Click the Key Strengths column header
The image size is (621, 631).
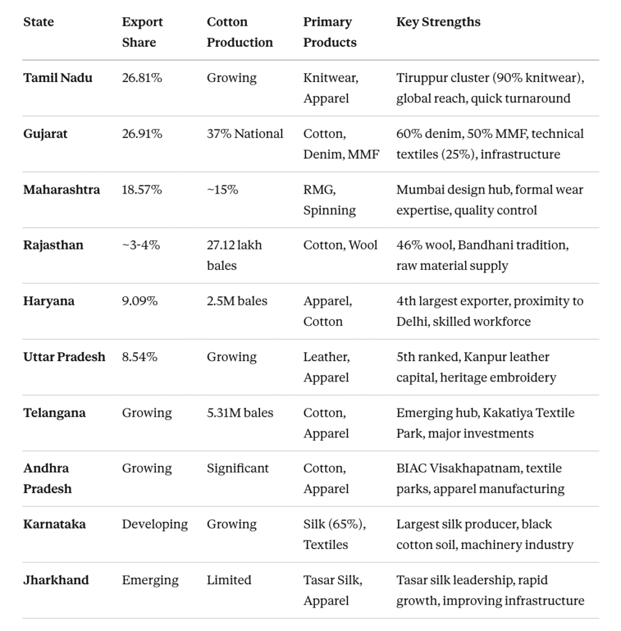[438, 22]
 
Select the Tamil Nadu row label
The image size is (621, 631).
[57, 78]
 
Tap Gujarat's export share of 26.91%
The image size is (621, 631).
[142, 134]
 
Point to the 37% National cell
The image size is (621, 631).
[245, 134]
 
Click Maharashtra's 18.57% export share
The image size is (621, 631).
[142, 190]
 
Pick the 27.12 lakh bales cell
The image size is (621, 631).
[234, 255]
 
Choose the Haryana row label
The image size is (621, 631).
[49, 301]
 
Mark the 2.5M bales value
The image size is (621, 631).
[237, 301]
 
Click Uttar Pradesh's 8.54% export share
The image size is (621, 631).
[139, 357]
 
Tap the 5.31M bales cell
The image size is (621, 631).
[240, 413]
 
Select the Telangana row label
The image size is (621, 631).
[54, 413]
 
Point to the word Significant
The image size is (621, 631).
[237, 468]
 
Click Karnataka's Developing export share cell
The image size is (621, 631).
[155, 524]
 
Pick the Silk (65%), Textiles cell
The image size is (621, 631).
[334, 534]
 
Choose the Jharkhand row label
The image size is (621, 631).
[55, 580]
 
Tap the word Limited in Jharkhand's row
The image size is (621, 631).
[229, 580]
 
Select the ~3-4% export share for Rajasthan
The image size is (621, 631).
[140, 245]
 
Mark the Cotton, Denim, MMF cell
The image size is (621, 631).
[341, 144]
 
